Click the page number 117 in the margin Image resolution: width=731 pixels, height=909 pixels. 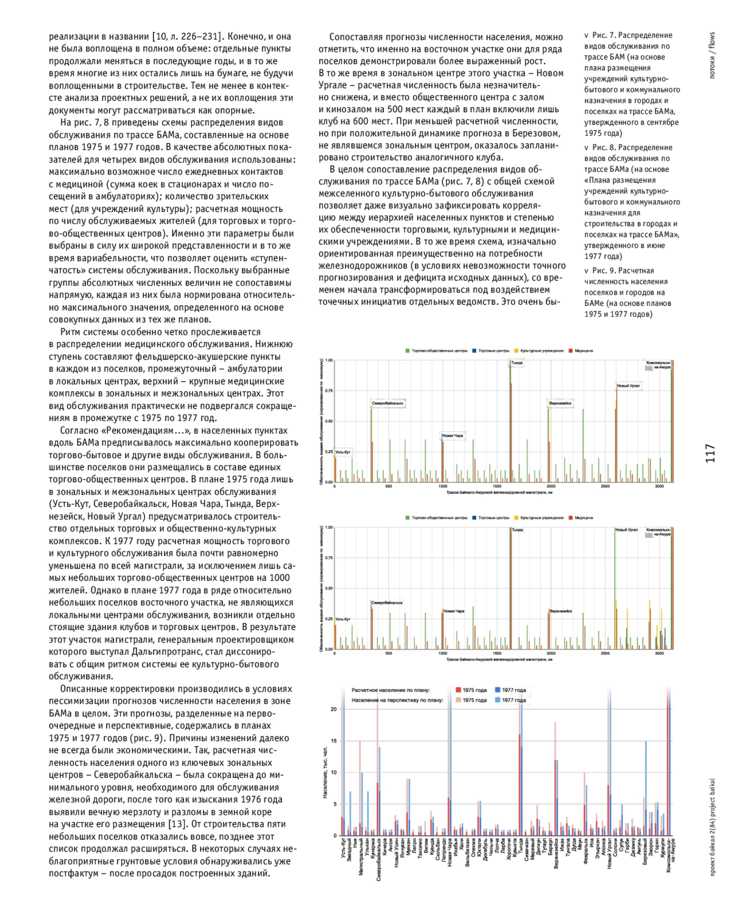tap(710, 453)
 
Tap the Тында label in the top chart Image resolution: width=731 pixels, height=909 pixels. tap(517, 363)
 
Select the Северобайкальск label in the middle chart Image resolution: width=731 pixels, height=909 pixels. tap(387, 603)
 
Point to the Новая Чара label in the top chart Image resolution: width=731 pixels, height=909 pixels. tap(453, 436)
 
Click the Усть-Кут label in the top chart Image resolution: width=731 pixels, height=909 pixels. tap(343, 452)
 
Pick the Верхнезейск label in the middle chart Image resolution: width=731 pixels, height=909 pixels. tap(560, 611)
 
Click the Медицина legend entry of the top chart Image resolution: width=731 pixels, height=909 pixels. tap(583, 351)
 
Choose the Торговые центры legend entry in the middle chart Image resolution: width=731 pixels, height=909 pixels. tap(493, 518)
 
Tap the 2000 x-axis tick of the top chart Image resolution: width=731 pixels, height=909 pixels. tap(551, 486)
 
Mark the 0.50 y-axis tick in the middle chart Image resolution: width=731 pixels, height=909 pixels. tap(329, 589)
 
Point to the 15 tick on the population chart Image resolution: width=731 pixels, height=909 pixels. tap(333, 741)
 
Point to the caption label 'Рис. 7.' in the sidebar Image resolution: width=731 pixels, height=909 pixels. tap(606, 35)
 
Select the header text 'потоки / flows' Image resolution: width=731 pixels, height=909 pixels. tap(712, 55)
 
